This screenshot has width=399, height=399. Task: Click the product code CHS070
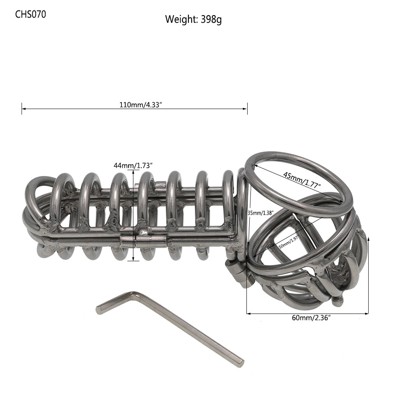point(30,14)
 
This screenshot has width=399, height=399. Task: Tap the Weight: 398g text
point(193,19)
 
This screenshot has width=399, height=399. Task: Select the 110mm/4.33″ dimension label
point(141,105)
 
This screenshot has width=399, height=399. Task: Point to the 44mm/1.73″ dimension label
point(133,165)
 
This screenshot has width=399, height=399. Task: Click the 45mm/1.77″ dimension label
point(302,180)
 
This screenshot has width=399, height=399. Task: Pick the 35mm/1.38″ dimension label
point(260,213)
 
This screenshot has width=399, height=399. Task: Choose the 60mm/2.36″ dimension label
point(311,318)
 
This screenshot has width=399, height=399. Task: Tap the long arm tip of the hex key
point(241,363)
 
